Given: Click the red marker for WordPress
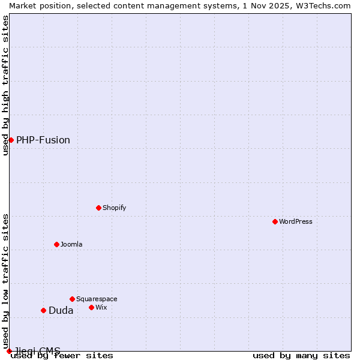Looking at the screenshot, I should point(275,221).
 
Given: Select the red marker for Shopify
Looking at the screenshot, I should point(98,208).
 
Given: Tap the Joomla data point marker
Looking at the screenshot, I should point(56,244).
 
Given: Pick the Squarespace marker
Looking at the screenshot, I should point(72,299).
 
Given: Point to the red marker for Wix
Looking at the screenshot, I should point(91,307).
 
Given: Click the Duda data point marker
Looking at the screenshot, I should point(43,310).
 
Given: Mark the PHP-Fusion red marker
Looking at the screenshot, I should point(11,140).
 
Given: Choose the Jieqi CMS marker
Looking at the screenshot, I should point(9,351).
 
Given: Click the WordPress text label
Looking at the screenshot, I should point(296,221).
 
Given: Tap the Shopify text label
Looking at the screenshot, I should point(114,208).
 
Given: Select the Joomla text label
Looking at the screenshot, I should point(71,244).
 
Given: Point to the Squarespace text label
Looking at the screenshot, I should point(97,299).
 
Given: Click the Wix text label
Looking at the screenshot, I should point(101,307).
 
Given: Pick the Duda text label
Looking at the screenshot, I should point(61,310).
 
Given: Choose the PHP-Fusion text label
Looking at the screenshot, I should point(43,140).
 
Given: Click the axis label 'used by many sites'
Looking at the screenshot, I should point(301,355).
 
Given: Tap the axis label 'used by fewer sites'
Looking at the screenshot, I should point(62,355).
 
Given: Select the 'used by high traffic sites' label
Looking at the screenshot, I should point(5,85).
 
